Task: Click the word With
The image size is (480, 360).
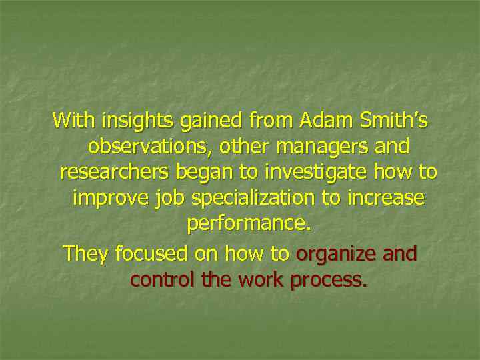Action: point(74,121)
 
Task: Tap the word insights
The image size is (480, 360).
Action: point(135,121)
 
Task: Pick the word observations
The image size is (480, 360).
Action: point(148,146)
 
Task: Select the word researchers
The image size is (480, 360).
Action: point(114,172)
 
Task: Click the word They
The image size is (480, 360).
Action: point(85,253)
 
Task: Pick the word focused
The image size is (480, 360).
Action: point(151,253)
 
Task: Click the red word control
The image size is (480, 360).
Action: point(163,279)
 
